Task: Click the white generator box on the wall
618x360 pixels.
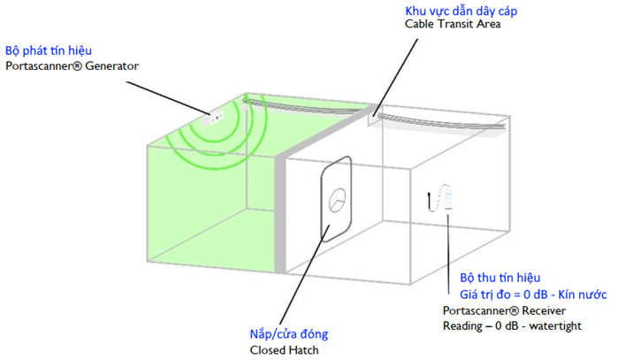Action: coord(213,118)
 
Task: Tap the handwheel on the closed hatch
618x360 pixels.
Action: coord(338,200)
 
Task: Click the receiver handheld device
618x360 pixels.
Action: coord(448,200)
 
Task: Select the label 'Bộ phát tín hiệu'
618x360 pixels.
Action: coord(49,51)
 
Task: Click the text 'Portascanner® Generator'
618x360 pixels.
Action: coord(72,65)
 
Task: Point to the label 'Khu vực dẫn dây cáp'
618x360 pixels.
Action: coord(462,11)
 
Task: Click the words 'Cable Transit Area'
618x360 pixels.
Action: coord(453,24)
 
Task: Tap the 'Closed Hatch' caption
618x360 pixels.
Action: coord(284,350)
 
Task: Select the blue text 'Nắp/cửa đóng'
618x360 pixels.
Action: coord(289,334)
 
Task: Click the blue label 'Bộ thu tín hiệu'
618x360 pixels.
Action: coord(500,278)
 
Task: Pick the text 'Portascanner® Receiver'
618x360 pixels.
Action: coord(504,310)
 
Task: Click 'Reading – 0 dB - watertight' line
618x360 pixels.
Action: coord(512,326)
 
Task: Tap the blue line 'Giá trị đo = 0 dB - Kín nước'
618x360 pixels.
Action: coord(533,295)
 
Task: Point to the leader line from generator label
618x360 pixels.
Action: coord(168,98)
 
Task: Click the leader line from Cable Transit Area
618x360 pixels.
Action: coord(395,77)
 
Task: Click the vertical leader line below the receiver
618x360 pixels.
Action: coord(448,254)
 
